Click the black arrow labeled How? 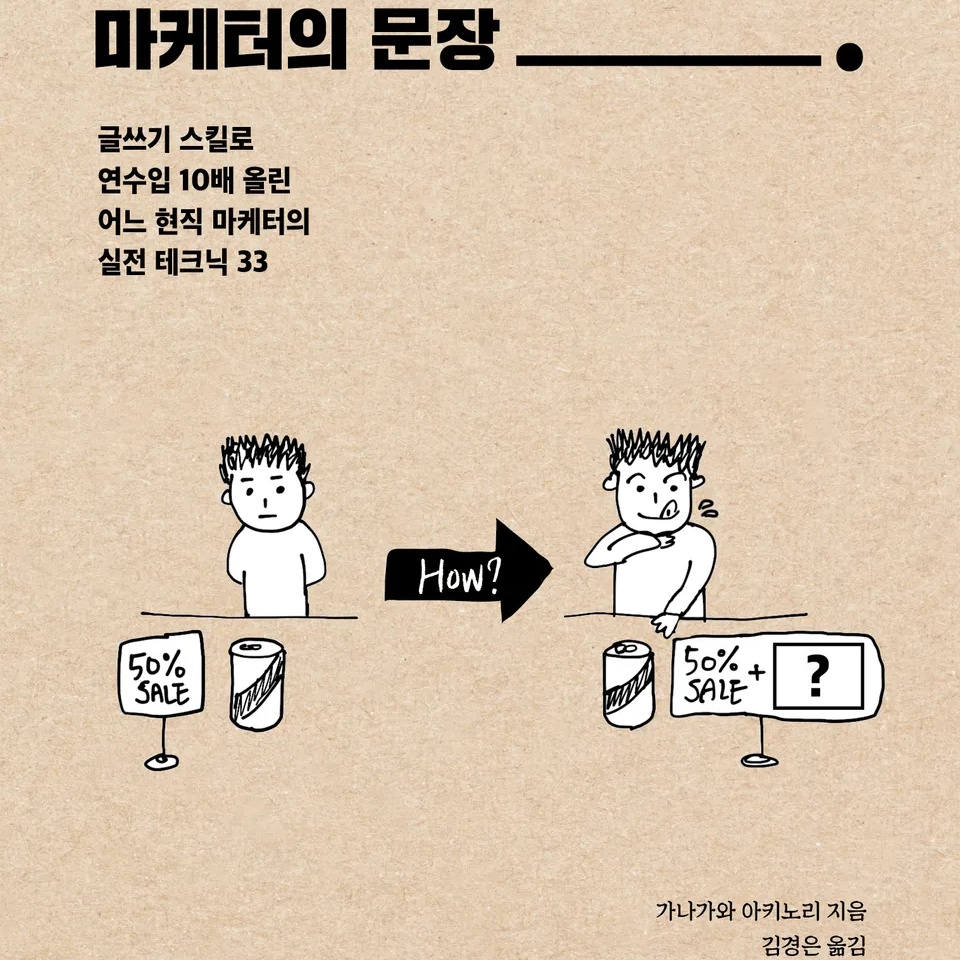pos(465,573)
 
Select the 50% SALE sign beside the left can pos(161,675)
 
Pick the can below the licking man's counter pos(628,684)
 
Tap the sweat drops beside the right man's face pos(709,510)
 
